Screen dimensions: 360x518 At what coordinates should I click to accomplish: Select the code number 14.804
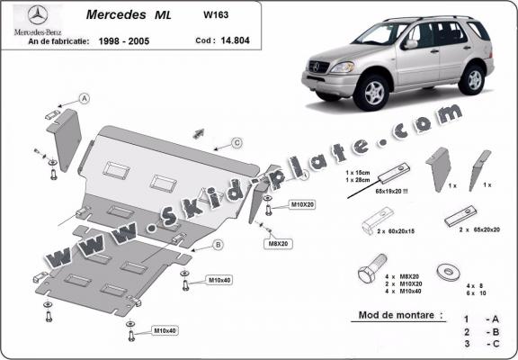pos(238,40)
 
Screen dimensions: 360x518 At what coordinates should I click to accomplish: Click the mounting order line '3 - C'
pos(480,344)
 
